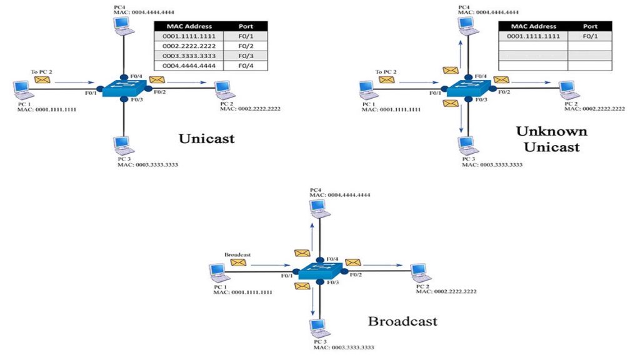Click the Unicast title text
206,138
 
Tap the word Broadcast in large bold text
402,321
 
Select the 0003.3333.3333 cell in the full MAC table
189,56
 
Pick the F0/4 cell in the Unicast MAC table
246,66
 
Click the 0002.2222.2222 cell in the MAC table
189,46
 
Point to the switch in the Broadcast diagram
320,271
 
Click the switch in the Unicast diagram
124,88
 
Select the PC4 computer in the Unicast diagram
124,26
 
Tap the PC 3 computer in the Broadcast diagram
319,328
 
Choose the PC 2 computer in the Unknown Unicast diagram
569,90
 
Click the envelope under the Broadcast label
238,262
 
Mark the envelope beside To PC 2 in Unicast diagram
42,79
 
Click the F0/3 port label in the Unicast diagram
136,99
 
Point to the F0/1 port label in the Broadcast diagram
287,276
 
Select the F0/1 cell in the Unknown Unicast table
590,36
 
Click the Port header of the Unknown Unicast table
590,26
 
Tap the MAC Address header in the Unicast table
189,26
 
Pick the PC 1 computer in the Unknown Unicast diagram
368,91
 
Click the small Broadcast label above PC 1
237,255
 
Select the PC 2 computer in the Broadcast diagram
421,273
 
